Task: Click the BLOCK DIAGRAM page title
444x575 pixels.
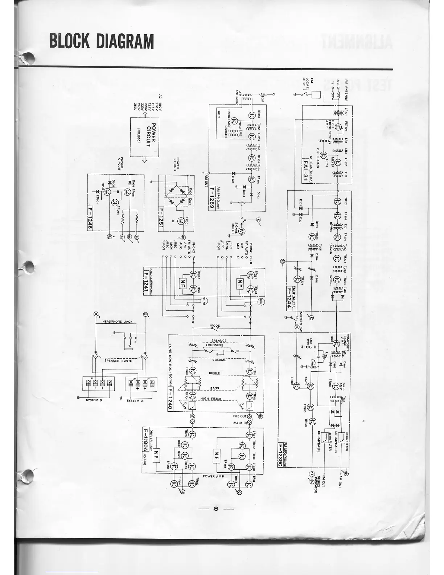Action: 102,41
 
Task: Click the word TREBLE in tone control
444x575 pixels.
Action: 214,373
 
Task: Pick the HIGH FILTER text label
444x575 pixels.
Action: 211,399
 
